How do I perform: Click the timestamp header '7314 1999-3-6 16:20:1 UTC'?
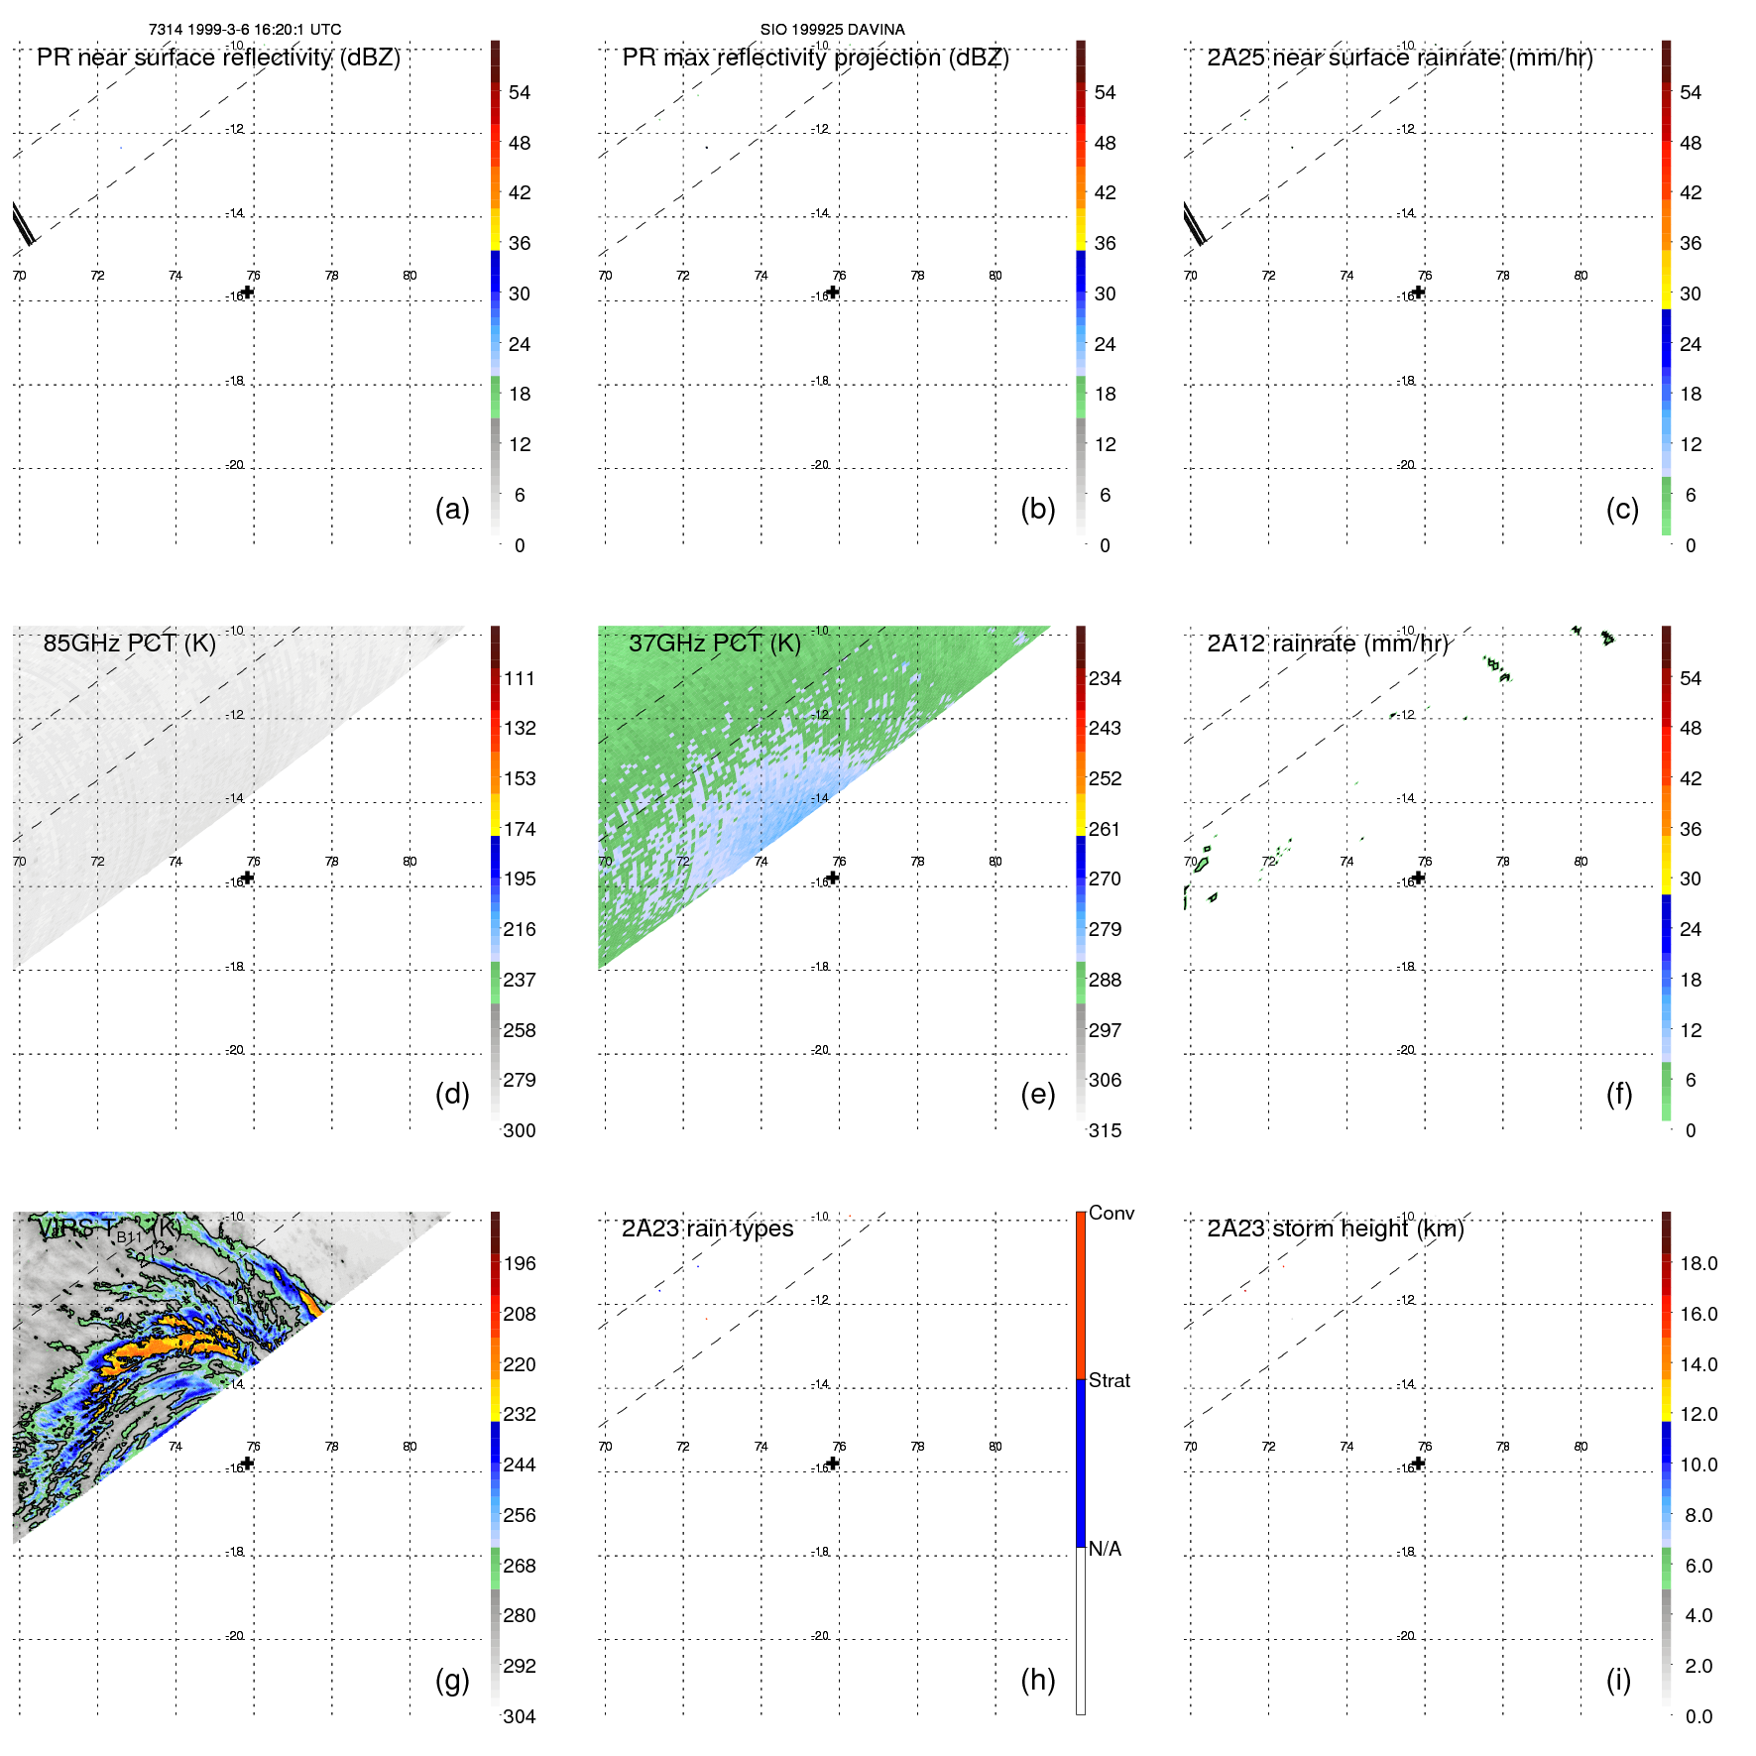[x=245, y=30]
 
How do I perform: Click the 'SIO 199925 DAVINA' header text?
[x=832, y=30]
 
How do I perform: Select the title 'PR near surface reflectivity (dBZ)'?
[x=218, y=58]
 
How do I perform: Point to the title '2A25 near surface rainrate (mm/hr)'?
[x=1400, y=58]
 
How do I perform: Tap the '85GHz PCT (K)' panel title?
[x=129, y=644]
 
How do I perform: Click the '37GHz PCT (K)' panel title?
[x=714, y=644]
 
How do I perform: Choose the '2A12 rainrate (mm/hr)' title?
[x=1328, y=644]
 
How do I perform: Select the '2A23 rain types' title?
[x=707, y=1229]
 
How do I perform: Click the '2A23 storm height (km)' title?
[x=1336, y=1229]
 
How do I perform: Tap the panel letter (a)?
[x=452, y=509]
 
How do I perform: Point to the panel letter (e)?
[x=1037, y=1094]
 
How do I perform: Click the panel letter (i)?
[x=1618, y=1680]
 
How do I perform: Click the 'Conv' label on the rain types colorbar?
[x=1111, y=1213]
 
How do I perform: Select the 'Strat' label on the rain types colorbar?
[x=1110, y=1380]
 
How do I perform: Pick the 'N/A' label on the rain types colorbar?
[x=1105, y=1549]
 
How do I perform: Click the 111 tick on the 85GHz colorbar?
[x=520, y=678]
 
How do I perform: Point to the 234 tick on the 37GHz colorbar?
[x=1105, y=678]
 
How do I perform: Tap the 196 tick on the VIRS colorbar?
[x=520, y=1263]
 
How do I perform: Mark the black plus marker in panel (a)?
[x=248, y=292]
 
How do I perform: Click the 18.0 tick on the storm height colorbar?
[x=1698, y=1263]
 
